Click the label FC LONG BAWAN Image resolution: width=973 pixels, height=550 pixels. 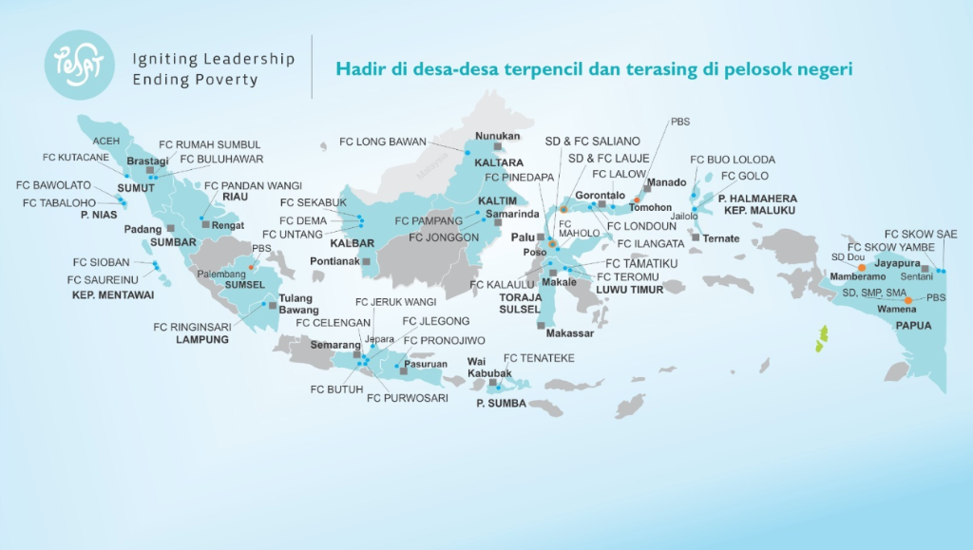point(383,142)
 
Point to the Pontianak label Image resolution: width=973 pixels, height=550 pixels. point(334,260)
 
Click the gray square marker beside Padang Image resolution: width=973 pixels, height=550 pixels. point(170,229)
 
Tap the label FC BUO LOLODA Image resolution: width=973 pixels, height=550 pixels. point(733,160)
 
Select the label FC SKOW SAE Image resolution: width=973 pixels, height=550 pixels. point(920,234)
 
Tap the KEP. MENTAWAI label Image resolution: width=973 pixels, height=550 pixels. point(113,294)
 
